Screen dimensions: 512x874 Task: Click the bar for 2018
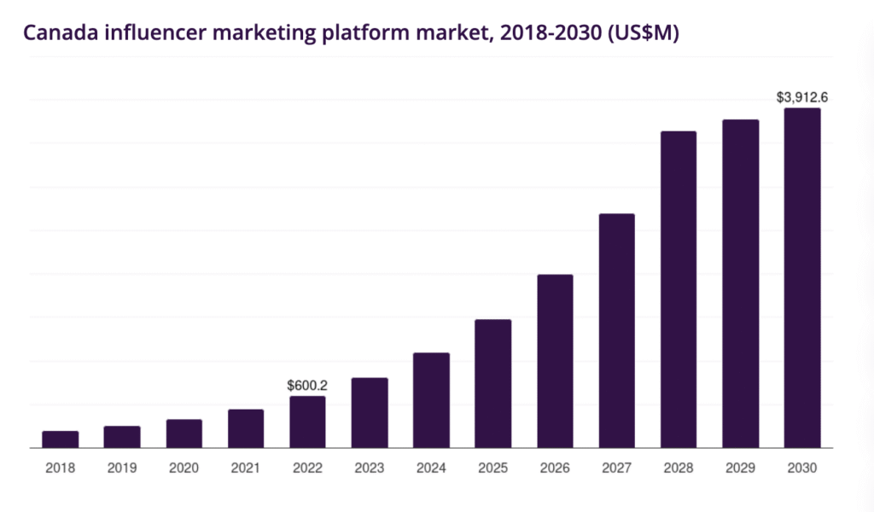tap(60, 439)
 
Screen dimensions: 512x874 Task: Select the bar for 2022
tap(307, 422)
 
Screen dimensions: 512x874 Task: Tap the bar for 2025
tap(492, 383)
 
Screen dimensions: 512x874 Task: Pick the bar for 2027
tap(616, 330)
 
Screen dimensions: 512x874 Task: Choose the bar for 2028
tap(679, 289)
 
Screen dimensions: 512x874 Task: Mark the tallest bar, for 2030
tap(802, 277)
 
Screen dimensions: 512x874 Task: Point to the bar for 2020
tap(184, 433)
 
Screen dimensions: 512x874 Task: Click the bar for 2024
tap(431, 399)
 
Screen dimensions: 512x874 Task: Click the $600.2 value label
tap(307, 386)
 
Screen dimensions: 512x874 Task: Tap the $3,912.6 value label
tap(801, 97)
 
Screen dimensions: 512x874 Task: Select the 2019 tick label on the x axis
tap(122, 468)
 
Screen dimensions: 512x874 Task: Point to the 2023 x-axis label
tap(370, 468)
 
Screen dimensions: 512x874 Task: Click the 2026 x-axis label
tap(555, 468)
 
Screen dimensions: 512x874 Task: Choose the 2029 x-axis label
tap(740, 468)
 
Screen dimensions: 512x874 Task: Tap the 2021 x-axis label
tap(246, 468)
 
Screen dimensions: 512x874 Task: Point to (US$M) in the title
tap(637, 33)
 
